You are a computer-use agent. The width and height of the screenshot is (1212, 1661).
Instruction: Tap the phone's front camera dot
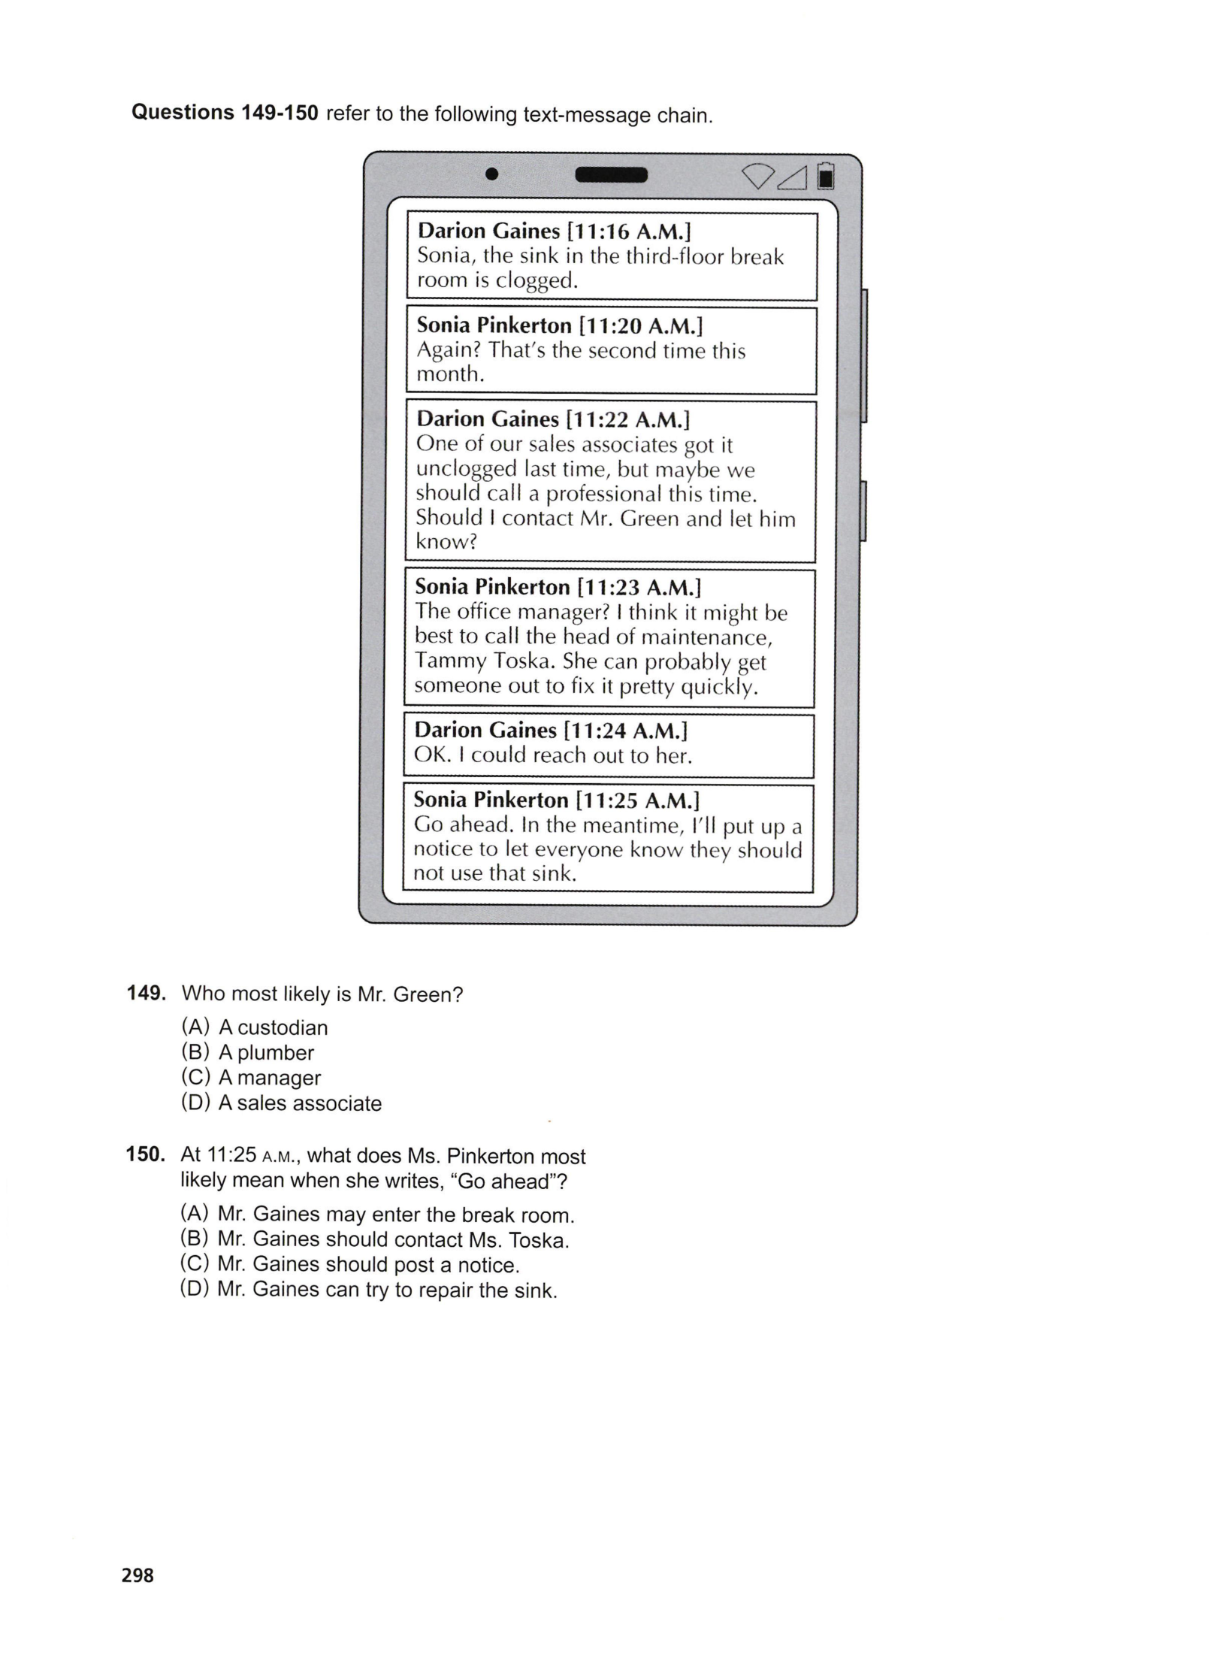click(492, 174)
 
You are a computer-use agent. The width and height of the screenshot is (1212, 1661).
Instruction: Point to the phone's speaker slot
click(611, 175)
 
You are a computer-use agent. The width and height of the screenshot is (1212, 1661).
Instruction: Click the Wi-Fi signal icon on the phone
click(757, 176)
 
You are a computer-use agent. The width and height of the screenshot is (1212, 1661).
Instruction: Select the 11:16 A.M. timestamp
click(628, 231)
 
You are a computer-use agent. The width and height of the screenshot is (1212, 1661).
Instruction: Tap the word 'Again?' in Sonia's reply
click(449, 350)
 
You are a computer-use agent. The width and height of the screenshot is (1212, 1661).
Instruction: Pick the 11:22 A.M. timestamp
click(627, 419)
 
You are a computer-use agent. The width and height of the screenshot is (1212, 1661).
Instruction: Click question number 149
click(146, 994)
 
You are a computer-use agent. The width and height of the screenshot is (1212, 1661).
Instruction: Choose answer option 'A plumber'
click(266, 1053)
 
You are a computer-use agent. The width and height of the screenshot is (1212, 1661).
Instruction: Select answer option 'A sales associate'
click(300, 1103)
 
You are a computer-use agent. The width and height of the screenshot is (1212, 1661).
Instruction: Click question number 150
click(145, 1154)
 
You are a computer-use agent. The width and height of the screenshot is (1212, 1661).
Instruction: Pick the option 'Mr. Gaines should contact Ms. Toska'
click(393, 1240)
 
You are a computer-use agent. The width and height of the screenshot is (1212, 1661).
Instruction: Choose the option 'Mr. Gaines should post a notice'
click(368, 1265)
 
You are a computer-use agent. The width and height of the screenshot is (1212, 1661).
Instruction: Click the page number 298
click(138, 1575)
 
